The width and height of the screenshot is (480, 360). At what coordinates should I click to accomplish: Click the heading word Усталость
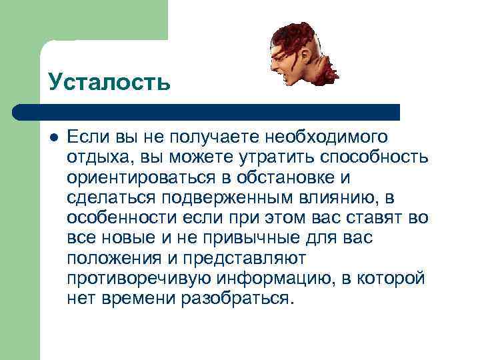tap(109, 83)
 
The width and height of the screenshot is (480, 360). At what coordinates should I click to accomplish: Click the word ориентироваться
tap(141, 179)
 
